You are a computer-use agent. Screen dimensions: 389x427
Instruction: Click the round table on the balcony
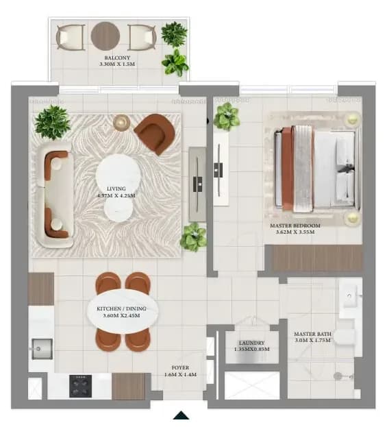tap(105, 36)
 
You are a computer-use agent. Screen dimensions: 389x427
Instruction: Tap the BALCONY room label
tap(117, 58)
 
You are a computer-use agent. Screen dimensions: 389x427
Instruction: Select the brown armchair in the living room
tap(155, 134)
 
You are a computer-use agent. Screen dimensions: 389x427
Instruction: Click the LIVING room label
tap(116, 188)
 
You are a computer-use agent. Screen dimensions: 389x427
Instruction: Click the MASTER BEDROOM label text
tap(295, 225)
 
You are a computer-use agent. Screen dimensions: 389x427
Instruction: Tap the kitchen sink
tap(42, 349)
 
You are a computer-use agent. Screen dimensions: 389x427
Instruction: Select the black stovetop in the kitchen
tap(80, 386)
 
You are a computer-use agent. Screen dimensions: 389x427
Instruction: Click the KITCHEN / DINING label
tap(121, 309)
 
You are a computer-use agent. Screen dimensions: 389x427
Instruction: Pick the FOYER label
tap(180, 367)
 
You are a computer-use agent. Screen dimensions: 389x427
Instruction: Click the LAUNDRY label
tap(251, 343)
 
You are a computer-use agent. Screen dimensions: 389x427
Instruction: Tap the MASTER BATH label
tap(312, 334)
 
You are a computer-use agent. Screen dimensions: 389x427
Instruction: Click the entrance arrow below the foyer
tap(181, 415)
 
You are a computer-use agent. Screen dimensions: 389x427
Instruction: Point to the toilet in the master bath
tap(345, 337)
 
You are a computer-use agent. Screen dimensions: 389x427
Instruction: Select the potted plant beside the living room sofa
tap(52, 122)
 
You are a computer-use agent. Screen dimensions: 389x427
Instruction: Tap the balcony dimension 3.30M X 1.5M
tap(117, 64)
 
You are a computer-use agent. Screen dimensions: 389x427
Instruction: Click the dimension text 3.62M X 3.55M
tap(295, 232)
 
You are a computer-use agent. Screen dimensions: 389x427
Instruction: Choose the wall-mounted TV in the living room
tap(198, 184)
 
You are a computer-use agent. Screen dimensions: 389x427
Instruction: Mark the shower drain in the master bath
tap(338, 376)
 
